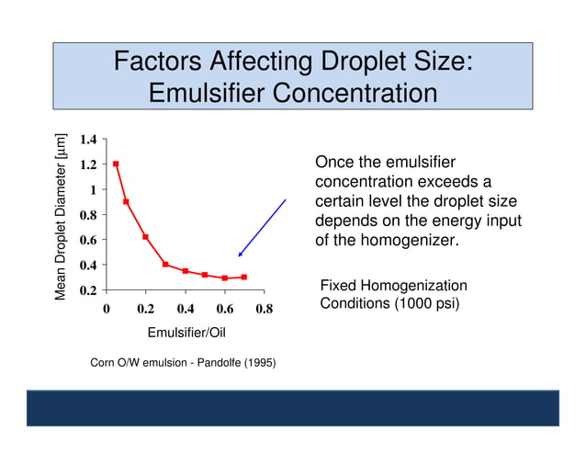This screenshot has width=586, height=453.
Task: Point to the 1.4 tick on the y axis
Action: point(88,140)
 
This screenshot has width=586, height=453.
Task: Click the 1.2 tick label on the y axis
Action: point(88,164)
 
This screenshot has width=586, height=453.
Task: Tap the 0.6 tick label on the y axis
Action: point(88,240)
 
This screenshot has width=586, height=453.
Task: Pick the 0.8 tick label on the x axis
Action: point(264,310)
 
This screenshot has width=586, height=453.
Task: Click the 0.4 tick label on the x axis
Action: point(185,310)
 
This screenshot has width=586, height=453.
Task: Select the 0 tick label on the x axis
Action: point(107,310)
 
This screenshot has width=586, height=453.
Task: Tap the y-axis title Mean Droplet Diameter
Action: point(62,216)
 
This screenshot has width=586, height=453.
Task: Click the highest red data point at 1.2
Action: point(116,164)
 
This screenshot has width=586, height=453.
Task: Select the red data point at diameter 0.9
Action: point(126,202)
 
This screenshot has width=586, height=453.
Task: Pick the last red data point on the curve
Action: point(243,277)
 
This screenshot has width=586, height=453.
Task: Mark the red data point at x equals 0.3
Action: point(165,265)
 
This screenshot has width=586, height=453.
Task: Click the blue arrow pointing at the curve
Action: point(262,228)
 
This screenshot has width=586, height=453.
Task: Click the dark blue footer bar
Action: point(292,407)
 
